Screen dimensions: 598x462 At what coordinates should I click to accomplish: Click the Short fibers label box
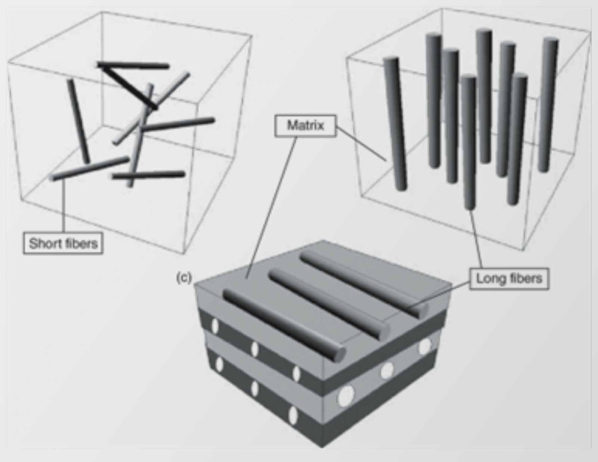[63, 243]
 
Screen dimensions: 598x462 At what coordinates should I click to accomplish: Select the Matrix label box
[305, 126]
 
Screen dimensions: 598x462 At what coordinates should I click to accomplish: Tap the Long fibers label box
[509, 279]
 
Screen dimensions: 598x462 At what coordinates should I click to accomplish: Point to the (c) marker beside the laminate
[184, 278]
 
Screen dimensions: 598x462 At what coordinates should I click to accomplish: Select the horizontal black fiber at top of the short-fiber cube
[133, 65]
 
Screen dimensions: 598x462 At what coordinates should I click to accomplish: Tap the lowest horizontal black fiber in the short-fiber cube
[148, 175]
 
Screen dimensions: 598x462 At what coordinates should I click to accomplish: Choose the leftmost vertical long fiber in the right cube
[395, 124]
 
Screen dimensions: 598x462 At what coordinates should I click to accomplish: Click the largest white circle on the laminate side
[345, 396]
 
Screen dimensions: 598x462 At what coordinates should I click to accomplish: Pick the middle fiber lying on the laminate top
[329, 305]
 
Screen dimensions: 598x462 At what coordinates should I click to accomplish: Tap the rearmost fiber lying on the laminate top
[364, 284]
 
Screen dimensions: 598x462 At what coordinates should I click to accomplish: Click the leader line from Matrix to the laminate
[271, 207]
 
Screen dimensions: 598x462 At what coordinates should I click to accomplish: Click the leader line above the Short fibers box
[64, 206]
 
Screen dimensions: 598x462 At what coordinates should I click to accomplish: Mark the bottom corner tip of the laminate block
[322, 448]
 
